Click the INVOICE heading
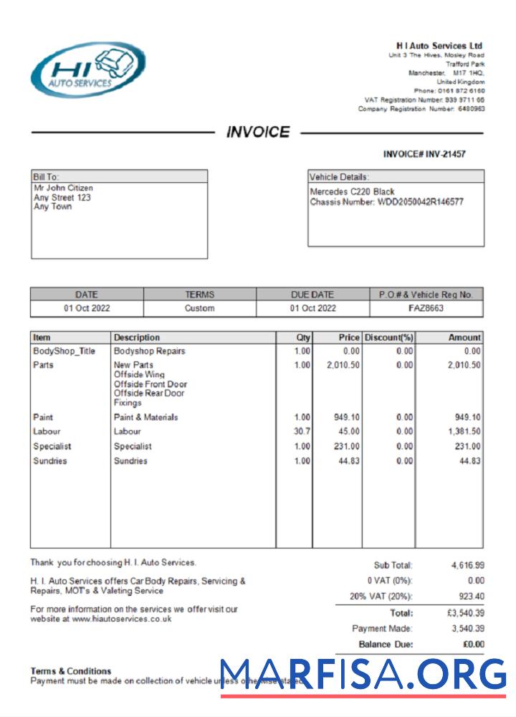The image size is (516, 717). pyautogui.click(x=258, y=132)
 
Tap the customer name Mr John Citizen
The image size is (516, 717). pyautogui.click(x=63, y=189)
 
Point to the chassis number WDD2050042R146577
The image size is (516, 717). pyautogui.click(x=420, y=202)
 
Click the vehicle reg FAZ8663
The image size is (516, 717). pyautogui.click(x=426, y=308)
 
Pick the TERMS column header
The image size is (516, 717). pyautogui.click(x=199, y=294)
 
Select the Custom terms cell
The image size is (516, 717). pyautogui.click(x=199, y=308)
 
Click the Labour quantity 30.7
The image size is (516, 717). pyautogui.click(x=302, y=432)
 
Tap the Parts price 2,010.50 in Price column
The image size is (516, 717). pyautogui.click(x=343, y=365)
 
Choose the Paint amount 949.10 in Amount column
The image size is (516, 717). pyautogui.click(x=467, y=417)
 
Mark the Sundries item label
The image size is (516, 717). pyautogui.click(x=49, y=461)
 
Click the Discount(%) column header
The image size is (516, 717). pyautogui.click(x=388, y=338)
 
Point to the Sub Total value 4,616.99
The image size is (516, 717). pyautogui.click(x=467, y=566)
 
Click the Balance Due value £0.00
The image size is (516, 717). pyautogui.click(x=473, y=644)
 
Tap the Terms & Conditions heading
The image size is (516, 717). pyautogui.click(x=70, y=671)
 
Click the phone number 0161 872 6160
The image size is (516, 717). pyautogui.click(x=459, y=91)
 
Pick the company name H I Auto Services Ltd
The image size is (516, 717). pyautogui.click(x=439, y=46)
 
